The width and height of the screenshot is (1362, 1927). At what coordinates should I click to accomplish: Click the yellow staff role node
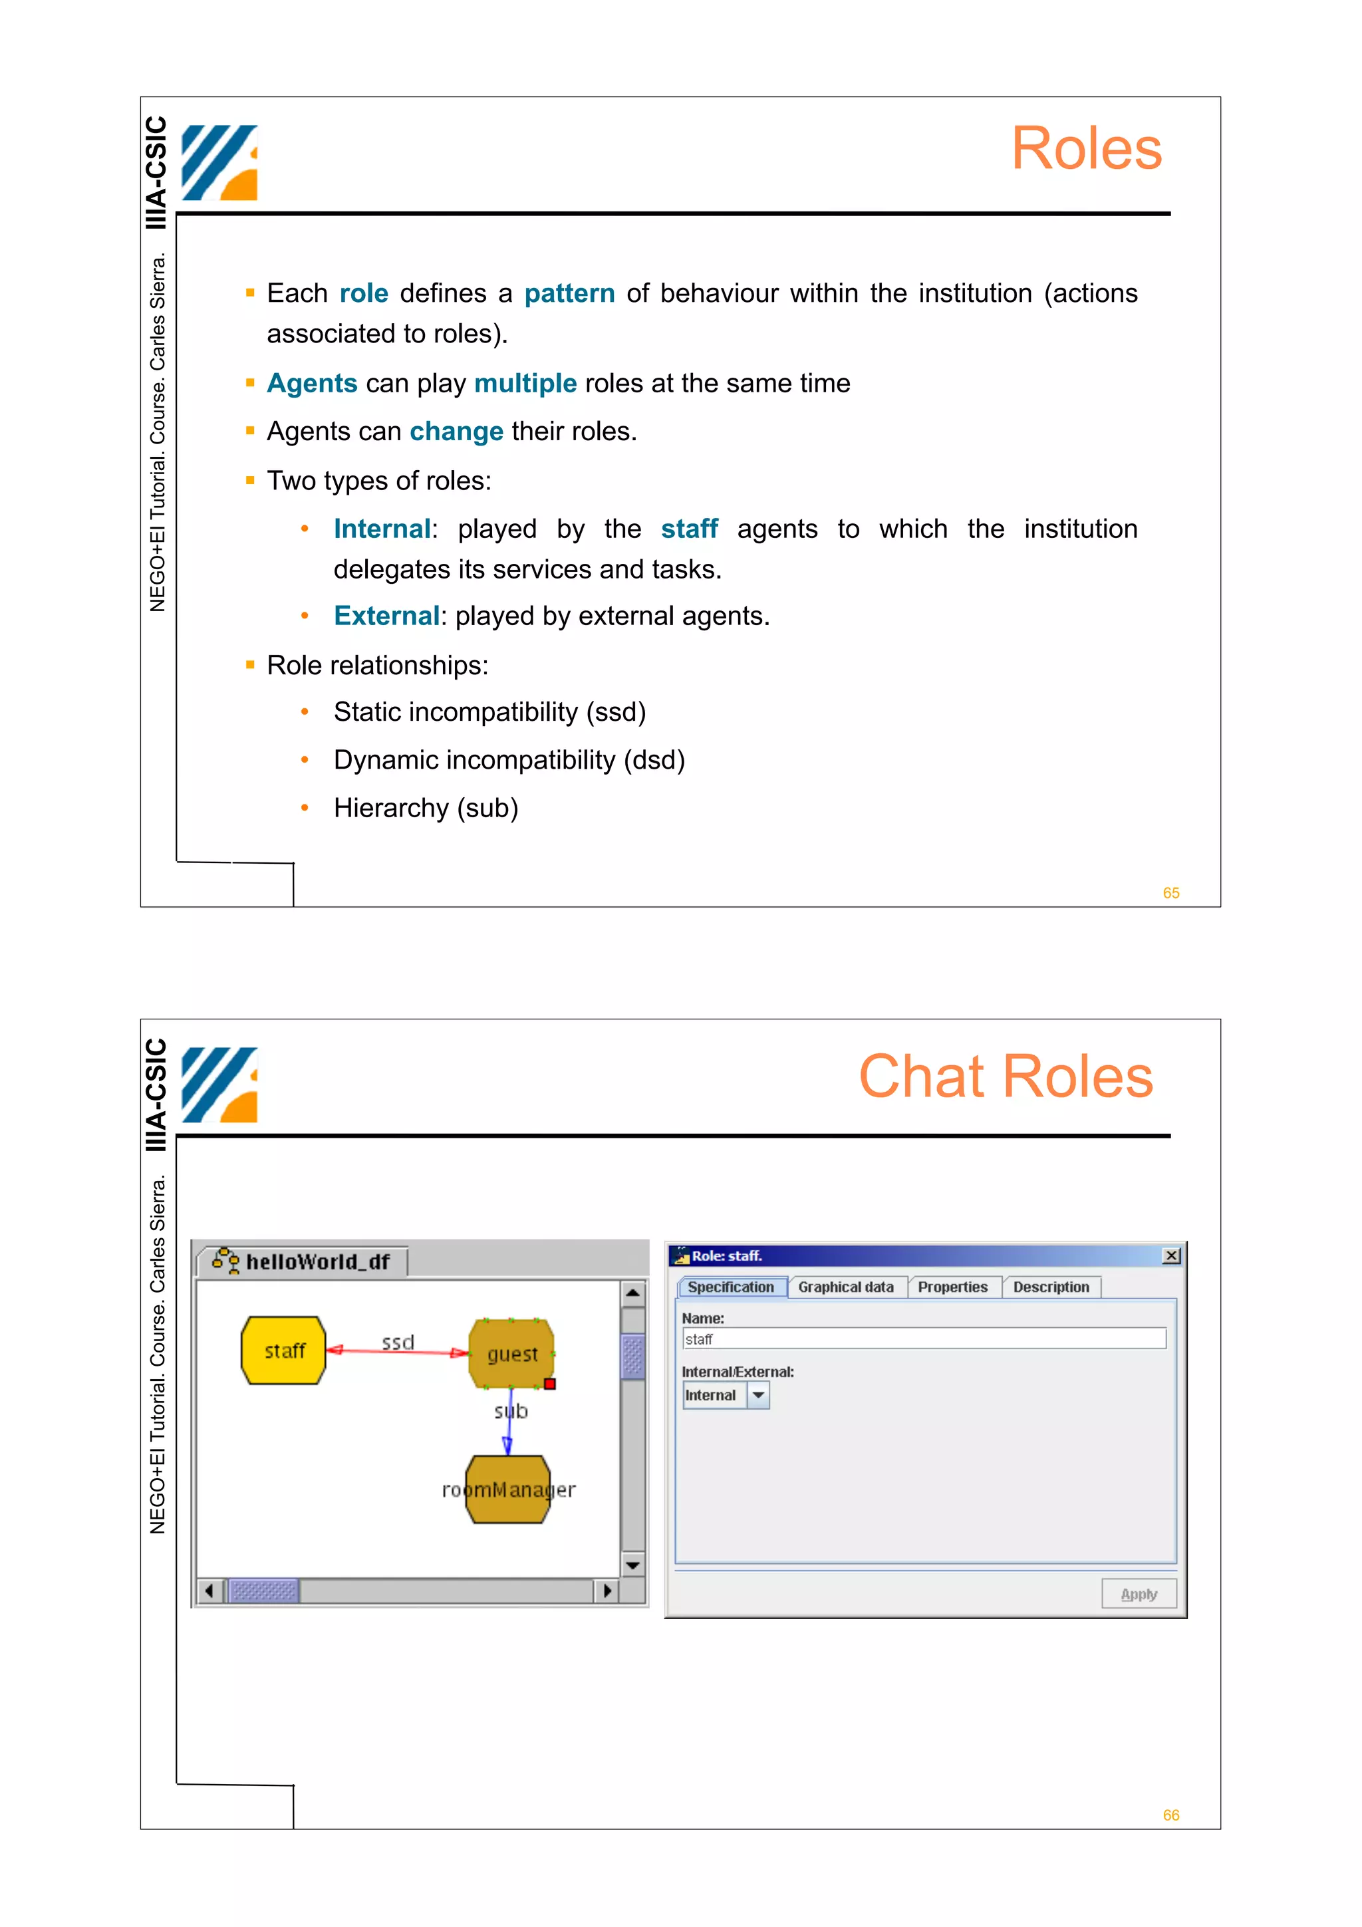(x=283, y=1350)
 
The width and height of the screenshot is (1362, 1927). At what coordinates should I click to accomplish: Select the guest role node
(x=511, y=1353)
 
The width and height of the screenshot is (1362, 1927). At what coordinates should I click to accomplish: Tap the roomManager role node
(x=507, y=1489)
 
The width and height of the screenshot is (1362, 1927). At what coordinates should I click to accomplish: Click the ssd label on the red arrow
(x=398, y=1342)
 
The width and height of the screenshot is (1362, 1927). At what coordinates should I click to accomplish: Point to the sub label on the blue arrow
(x=511, y=1411)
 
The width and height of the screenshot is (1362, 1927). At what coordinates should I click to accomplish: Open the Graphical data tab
(x=845, y=1287)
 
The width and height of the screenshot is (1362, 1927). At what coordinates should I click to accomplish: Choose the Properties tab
(x=952, y=1287)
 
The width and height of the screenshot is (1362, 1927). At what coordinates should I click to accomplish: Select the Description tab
(x=1051, y=1287)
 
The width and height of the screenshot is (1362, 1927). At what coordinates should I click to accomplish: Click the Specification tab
(x=730, y=1287)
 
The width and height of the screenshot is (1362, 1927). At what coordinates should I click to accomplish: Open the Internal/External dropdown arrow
(x=757, y=1395)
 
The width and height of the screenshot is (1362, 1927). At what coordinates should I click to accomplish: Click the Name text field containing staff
(x=923, y=1339)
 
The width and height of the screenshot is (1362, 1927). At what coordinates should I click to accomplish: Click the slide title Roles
(x=1086, y=148)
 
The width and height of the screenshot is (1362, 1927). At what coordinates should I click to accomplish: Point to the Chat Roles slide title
(x=1006, y=1076)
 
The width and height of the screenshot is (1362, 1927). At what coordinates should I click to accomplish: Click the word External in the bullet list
(x=386, y=616)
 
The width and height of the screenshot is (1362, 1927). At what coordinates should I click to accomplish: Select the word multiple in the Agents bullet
(x=525, y=384)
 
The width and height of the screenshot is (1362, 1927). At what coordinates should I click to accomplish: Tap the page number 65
(x=1170, y=893)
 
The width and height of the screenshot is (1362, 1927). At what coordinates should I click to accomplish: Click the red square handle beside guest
(x=550, y=1383)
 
